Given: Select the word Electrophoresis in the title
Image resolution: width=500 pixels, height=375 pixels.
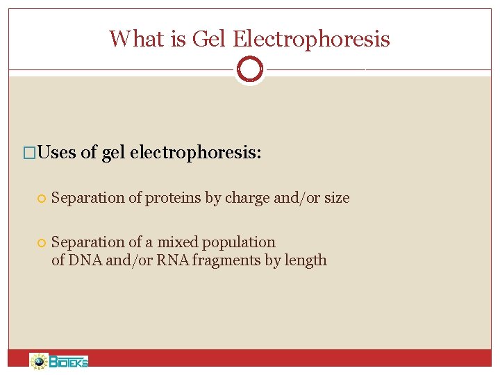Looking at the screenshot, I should coord(311,38).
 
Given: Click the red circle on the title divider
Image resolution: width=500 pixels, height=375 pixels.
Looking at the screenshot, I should coord(249,69).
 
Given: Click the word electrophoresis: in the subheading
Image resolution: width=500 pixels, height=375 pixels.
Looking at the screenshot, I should coord(195,152).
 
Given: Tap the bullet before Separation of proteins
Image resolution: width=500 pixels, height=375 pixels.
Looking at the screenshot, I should coord(42,199).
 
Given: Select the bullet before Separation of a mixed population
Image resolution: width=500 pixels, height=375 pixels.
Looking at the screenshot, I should coord(42,243).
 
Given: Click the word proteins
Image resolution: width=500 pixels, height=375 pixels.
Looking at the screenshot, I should coord(173,198).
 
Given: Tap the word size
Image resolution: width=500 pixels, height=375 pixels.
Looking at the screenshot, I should coord(337,198).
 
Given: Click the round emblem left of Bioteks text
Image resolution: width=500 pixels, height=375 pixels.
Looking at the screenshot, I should coord(39,361).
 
